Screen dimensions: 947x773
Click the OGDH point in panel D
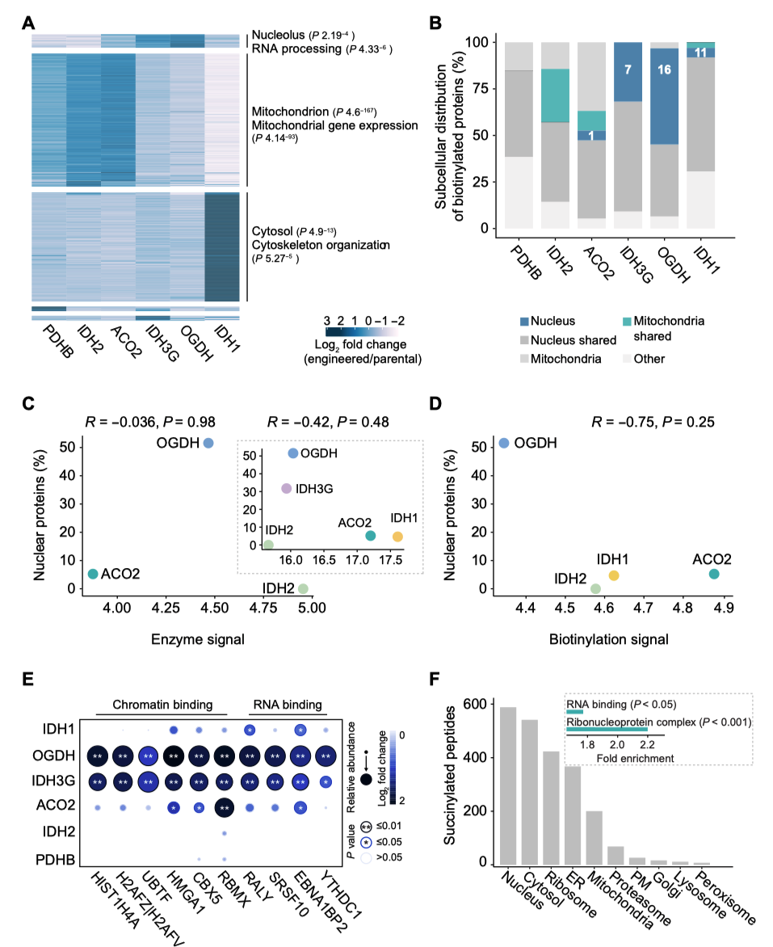tap(504, 444)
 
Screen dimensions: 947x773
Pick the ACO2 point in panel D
tap(714, 574)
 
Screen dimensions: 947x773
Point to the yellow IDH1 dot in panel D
tap(614, 575)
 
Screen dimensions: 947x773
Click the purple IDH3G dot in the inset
tap(286, 488)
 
